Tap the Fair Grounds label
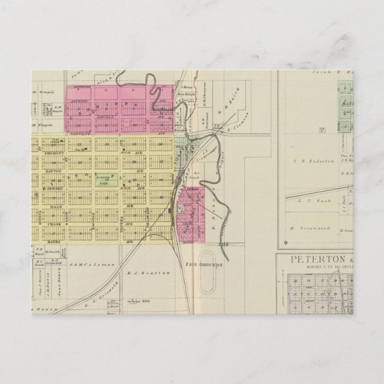(x=203, y=264)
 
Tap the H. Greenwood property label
(x=302, y=228)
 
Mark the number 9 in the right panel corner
(x=286, y=241)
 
